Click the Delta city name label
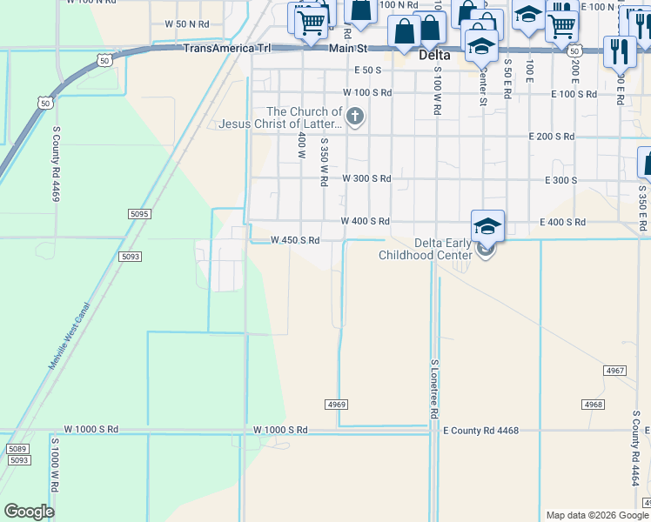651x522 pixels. click(434, 55)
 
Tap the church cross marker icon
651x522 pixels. click(354, 117)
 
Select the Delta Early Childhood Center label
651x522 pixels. click(426, 249)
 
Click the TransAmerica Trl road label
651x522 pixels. click(227, 49)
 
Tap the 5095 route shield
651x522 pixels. click(139, 213)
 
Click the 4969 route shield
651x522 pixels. click(337, 405)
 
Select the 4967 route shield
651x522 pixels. click(615, 371)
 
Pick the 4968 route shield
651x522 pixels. click(593, 405)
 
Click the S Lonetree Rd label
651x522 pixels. click(433, 388)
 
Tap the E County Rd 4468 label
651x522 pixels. click(480, 430)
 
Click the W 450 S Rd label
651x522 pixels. click(295, 240)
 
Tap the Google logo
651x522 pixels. click(29, 512)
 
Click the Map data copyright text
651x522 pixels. click(597, 515)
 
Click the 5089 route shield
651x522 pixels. click(17, 449)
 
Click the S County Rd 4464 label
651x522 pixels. click(637, 456)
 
